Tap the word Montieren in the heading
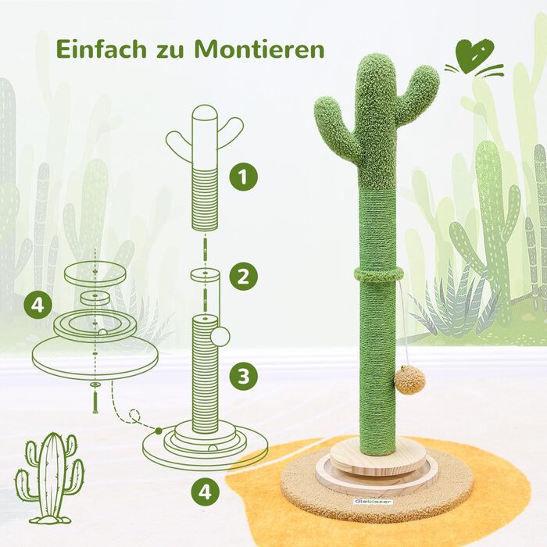pos(259,48)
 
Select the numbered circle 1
pos(244,176)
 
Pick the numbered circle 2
pos(244,277)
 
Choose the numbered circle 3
pos(244,377)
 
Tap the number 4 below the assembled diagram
pos(206,493)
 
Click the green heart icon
pos(475,55)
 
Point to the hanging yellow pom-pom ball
pos(410,381)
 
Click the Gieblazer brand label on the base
pos(374,502)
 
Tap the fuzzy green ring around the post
pos(379,274)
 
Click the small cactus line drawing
pos(49,478)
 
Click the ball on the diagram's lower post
pos(220,337)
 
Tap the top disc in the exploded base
pos(95,273)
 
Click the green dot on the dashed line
pos(159,431)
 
